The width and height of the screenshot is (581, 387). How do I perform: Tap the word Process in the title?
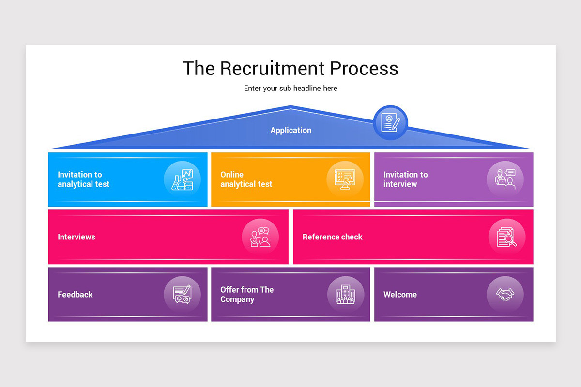(365, 68)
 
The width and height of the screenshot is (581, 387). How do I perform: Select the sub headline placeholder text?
(290, 89)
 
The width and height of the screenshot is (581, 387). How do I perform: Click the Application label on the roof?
(290, 130)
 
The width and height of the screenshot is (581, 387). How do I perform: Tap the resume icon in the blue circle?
(390, 123)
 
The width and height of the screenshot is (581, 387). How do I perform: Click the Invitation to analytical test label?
(83, 179)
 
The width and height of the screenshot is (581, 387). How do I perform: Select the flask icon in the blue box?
(182, 179)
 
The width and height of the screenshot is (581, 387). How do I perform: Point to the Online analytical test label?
(246, 179)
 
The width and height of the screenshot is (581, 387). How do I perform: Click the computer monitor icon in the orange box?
(345, 179)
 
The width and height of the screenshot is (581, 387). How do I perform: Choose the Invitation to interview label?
(405, 179)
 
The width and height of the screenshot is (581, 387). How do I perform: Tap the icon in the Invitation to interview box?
(505, 179)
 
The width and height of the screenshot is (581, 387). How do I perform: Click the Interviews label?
(76, 237)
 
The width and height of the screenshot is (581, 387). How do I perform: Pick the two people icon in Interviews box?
(260, 237)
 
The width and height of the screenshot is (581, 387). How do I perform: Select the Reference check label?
(332, 237)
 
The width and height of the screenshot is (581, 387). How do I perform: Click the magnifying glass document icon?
(506, 237)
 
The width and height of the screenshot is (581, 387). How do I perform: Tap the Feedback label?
(75, 295)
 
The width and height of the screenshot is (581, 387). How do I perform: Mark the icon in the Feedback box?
(182, 295)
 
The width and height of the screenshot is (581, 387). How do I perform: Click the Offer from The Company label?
(247, 295)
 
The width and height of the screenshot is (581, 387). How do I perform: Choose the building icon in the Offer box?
(345, 295)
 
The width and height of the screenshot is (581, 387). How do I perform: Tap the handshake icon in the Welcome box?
(505, 295)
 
